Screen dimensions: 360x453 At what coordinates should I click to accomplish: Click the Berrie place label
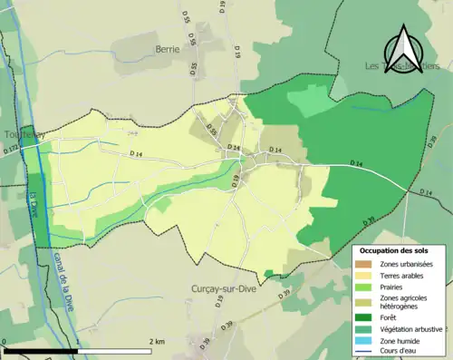tap(168, 49)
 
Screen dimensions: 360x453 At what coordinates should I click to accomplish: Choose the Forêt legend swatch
tap(364, 317)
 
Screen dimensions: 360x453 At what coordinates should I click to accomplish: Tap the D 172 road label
tap(10, 156)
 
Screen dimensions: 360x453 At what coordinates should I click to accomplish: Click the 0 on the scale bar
tap(5, 341)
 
